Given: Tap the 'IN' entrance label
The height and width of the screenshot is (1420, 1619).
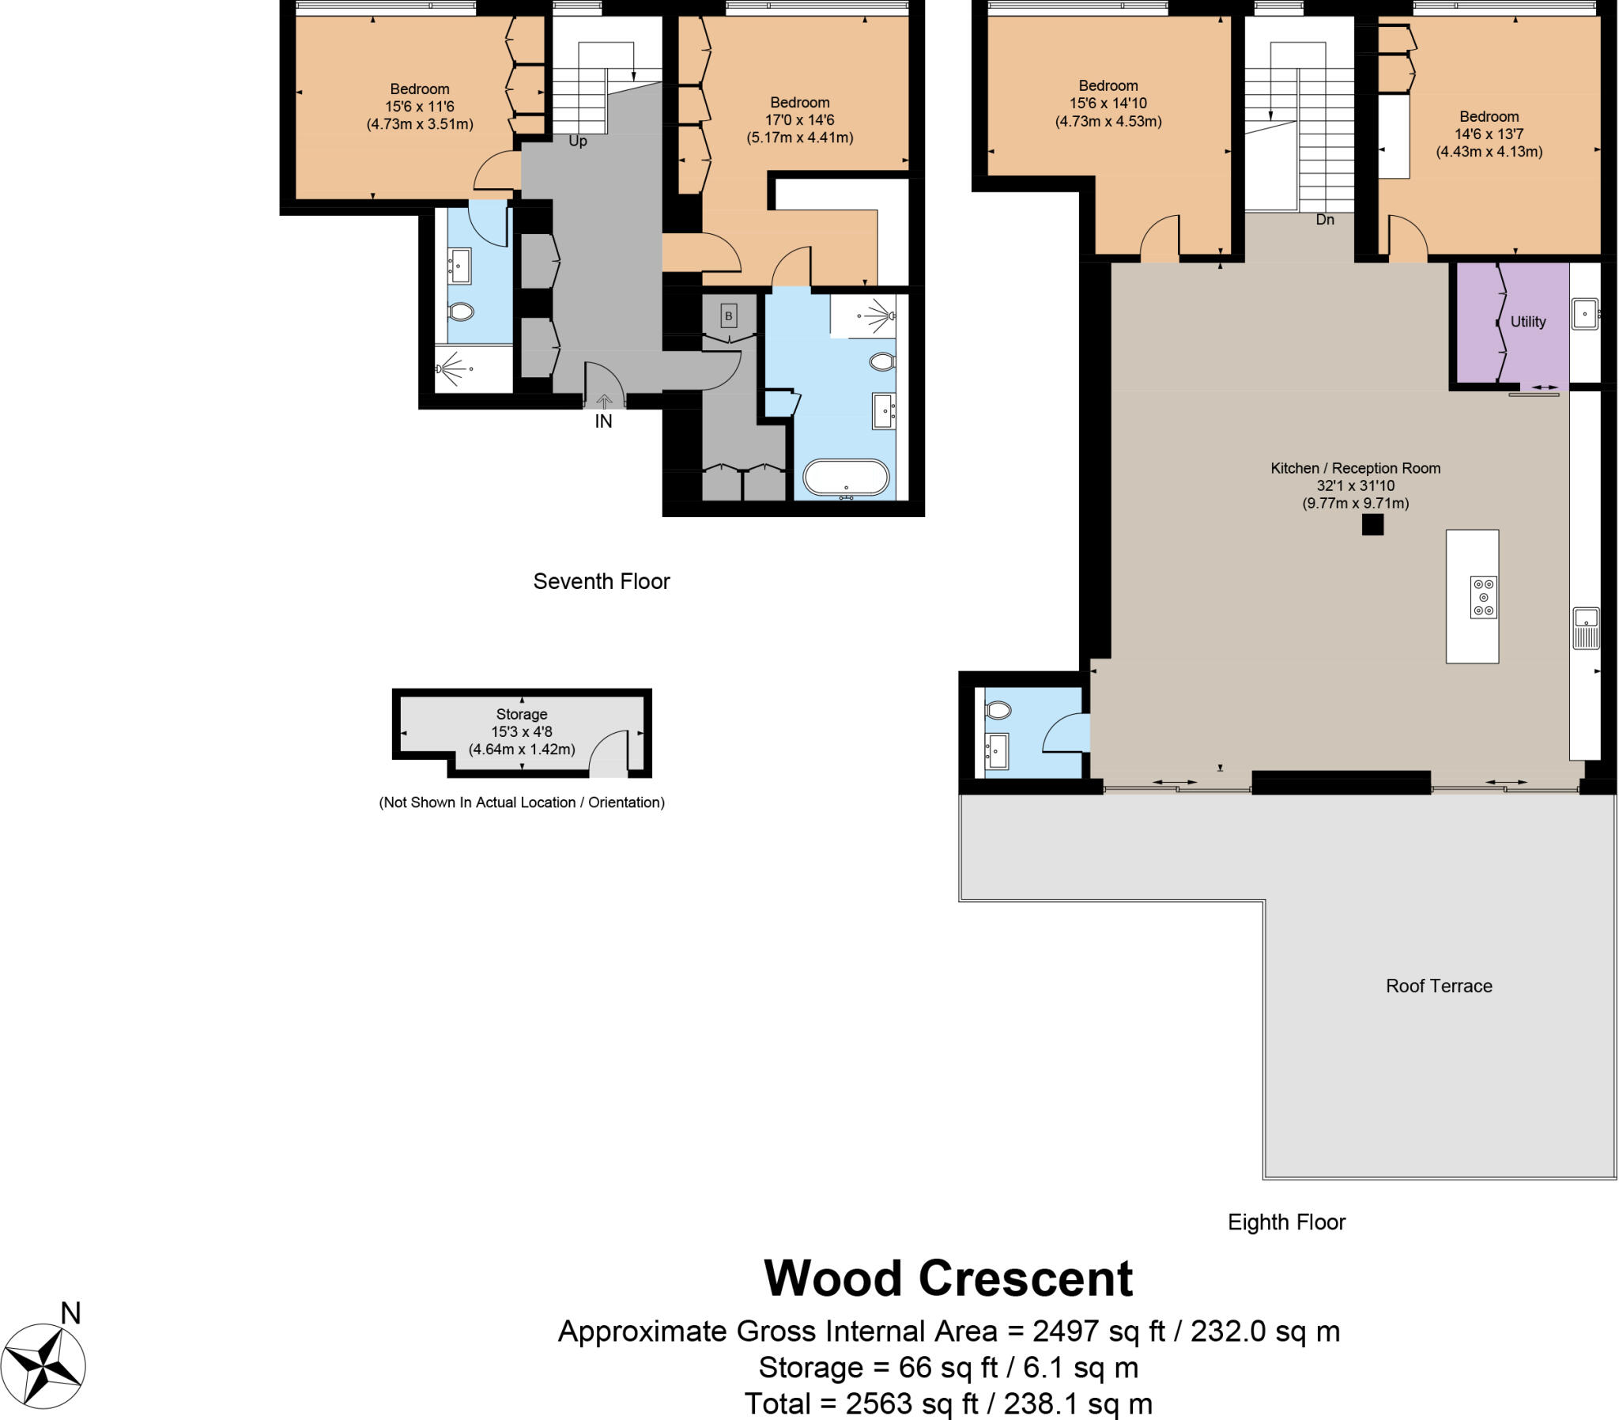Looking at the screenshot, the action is pyautogui.click(x=603, y=421).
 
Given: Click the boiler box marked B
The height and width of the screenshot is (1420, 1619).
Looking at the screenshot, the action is pyautogui.click(x=729, y=316).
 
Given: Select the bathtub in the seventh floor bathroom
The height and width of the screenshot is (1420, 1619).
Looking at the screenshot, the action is pyautogui.click(x=846, y=478).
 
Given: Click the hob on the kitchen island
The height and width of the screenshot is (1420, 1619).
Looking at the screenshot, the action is pyautogui.click(x=1484, y=597).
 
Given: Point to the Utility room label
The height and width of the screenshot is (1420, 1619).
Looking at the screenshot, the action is pyautogui.click(x=1528, y=322).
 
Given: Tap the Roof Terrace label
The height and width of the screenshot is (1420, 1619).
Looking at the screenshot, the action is pyautogui.click(x=1439, y=986).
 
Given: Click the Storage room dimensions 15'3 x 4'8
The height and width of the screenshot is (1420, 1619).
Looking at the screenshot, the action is pyautogui.click(x=522, y=731).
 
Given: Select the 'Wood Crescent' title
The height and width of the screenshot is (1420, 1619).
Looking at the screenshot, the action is pyautogui.click(x=948, y=1278).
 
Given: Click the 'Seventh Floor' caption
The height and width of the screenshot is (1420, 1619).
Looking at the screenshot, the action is pyautogui.click(x=601, y=582).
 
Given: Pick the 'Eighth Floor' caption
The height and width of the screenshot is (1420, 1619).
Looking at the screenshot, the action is pyautogui.click(x=1286, y=1222).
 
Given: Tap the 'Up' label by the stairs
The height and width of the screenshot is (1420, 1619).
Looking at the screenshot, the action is pyautogui.click(x=577, y=141).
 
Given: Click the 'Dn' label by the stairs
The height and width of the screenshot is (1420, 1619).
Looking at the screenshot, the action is pyautogui.click(x=1324, y=220).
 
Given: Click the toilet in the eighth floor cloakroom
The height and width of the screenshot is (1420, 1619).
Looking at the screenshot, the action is pyautogui.click(x=998, y=710).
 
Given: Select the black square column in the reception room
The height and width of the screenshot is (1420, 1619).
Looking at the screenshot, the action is pyautogui.click(x=1372, y=524).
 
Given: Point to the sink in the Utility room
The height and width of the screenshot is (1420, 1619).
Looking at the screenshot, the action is pyautogui.click(x=1585, y=314).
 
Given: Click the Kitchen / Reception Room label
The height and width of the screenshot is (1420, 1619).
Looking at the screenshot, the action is pyautogui.click(x=1355, y=468).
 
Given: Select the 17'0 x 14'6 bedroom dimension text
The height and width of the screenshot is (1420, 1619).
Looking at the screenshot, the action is pyautogui.click(x=799, y=119).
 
